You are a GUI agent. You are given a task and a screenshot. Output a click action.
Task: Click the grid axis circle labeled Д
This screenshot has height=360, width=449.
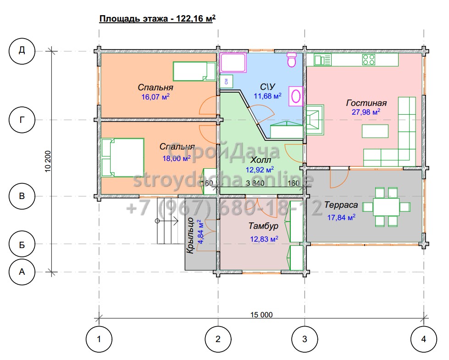pyautogui.click(x=22, y=51)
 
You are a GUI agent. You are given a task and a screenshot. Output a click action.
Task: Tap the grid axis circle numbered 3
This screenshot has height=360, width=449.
pyautogui.click(x=305, y=339)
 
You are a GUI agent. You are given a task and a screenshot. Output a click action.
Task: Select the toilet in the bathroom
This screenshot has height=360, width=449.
pyautogui.click(x=292, y=60)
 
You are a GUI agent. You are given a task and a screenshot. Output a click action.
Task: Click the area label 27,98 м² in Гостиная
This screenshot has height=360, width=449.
pyautogui.click(x=366, y=112)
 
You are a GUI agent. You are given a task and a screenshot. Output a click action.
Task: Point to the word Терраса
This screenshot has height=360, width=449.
pyautogui.click(x=341, y=205)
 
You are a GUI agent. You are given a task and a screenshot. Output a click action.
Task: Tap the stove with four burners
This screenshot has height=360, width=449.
pyautogui.click(x=369, y=60)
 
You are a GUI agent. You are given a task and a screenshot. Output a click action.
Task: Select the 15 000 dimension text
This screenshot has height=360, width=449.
pyautogui.click(x=261, y=315)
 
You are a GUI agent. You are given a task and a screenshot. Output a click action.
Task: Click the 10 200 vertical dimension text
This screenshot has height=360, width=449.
pyautogui.click(x=48, y=161)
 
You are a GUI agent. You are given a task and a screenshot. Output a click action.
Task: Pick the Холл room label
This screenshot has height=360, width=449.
pyautogui.click(x=261, y=160)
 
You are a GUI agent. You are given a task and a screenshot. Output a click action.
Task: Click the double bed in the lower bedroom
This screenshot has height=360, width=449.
pyautogui.click(x=122, y=157)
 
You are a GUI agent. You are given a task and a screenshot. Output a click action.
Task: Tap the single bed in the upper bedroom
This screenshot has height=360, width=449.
pyautogui.click(x=194, y=72)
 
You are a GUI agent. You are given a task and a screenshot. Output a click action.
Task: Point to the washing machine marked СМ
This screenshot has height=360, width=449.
pyautogui.click(x=227, y=81)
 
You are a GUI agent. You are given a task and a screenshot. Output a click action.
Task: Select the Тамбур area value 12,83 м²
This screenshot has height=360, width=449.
pyautogui.click(x=264, y=239)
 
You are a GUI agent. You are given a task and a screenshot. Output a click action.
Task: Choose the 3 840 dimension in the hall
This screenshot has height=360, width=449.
pyautogui.click(x=255, y=183)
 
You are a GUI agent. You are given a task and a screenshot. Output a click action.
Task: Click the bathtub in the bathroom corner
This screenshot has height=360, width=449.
pyautogui.click(x=233, y=62)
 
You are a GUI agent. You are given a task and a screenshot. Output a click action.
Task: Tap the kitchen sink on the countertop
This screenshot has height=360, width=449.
pyautogui.click(x=322, y=60)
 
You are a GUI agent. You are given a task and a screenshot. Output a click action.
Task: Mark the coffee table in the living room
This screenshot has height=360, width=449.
pyautogui.click(x=375, y=131)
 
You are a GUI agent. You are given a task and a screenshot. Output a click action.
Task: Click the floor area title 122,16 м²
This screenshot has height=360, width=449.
pyautogui.click(x=195, y=19)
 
